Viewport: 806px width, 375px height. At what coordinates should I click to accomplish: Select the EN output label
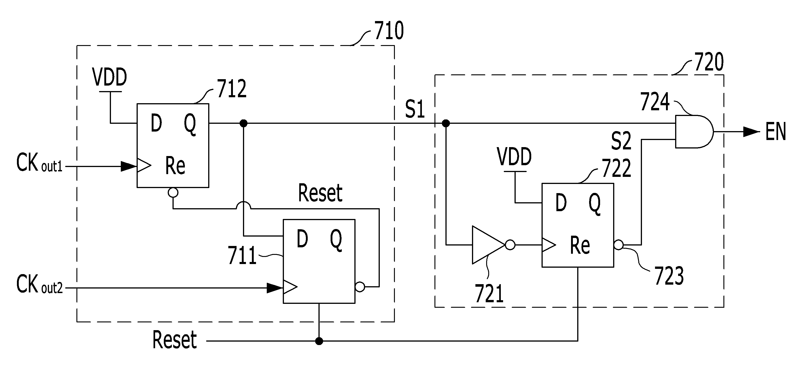click(776, 132)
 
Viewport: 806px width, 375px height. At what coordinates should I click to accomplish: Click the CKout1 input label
click(39, 163)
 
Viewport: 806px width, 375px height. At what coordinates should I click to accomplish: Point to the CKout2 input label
click(39, 284)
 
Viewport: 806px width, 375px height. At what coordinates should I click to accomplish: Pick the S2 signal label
click(621, 141)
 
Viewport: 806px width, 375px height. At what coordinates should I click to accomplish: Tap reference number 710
click(389, 31)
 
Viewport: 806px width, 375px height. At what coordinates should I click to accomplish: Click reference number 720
click(709, 62)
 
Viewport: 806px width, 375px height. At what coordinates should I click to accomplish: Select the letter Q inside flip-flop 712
click(190, 124)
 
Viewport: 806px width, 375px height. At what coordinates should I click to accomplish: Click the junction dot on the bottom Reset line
click(319, 341)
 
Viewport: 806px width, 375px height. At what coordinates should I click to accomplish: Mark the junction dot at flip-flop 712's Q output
click(243, 123)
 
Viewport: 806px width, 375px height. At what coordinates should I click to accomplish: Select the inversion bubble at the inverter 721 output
click(510, 245)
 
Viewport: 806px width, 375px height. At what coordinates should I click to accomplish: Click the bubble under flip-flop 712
click(173, 192)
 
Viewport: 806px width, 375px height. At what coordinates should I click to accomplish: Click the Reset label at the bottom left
click(175, 340)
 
